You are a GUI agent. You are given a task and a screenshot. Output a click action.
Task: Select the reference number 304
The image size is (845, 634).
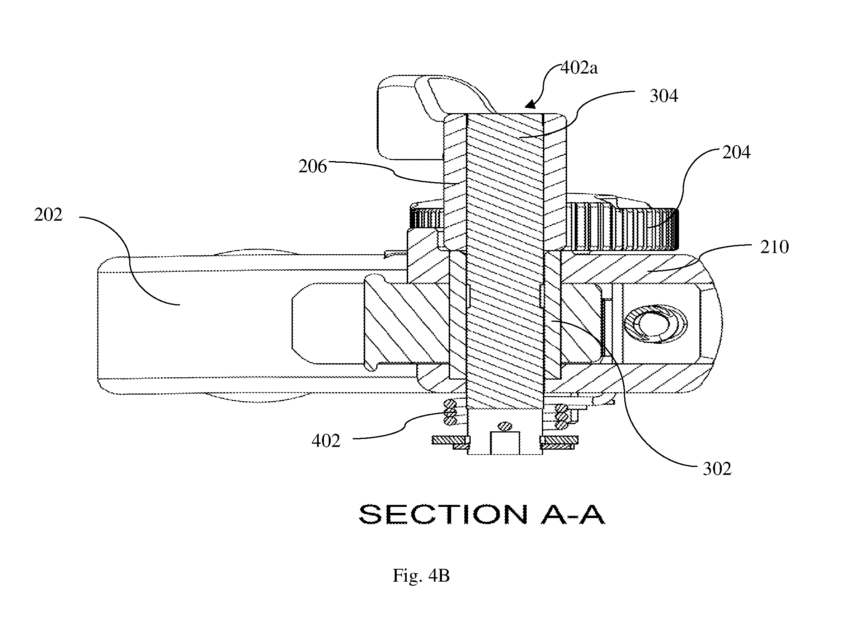point(664,97)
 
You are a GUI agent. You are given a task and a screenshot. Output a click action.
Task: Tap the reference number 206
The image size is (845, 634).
point(313,167)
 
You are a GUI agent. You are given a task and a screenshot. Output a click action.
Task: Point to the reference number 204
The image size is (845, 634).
point(736,153)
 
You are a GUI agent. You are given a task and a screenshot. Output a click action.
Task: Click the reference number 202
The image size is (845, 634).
point(48,215)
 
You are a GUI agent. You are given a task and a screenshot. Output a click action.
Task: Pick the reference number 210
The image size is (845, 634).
point(774,247)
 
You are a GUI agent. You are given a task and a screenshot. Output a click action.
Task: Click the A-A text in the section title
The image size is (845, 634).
point(573,514)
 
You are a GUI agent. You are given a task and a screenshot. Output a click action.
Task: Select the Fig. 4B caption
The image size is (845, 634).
point(421,576)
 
